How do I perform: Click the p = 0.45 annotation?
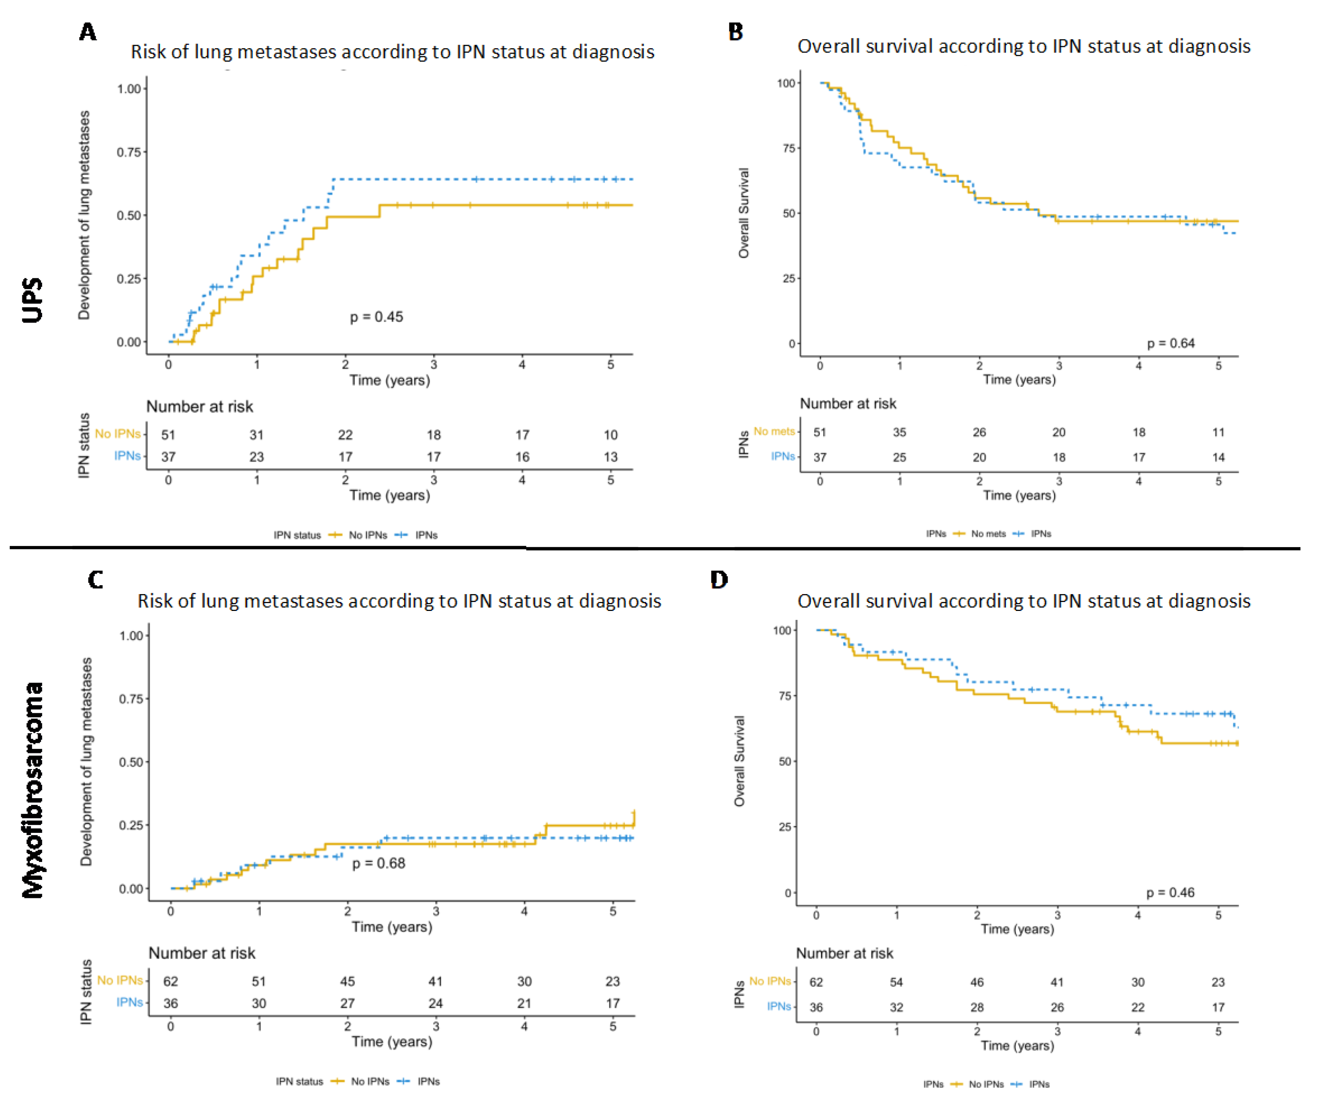[x=377, y=317]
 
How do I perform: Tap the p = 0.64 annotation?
[x=1170, y=343]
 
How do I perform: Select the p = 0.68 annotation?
[x=378, y=863]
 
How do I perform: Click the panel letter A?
[x=88, y=31]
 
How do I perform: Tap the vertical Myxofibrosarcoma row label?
[x=33, y=790]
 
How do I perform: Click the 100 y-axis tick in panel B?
[x=786, y=83]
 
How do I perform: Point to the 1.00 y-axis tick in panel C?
[x=131, y=635]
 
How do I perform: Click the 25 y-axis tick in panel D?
[x=784, y=827]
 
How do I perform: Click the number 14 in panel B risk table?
[x=1218, y=457]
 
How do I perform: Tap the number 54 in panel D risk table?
[x=897, y=982]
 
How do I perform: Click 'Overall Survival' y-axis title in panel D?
[x=740, y=761]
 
